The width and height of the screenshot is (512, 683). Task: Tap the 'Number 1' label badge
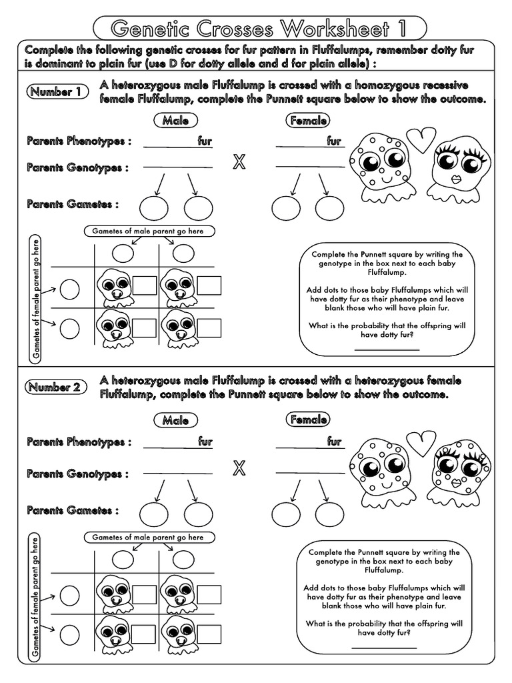[x=57, y=92]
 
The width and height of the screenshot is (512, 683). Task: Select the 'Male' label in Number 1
[x=175, y=121]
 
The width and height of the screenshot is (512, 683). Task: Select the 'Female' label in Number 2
[x=308, y=420]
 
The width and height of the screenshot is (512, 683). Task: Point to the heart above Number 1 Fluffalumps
[x=421, y=139]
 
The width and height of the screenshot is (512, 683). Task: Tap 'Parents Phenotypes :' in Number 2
[x=79, y=442]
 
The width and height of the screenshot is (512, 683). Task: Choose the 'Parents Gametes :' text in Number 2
[x=73, y=510]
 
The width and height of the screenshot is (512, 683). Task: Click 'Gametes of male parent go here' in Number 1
[x=149, y=231]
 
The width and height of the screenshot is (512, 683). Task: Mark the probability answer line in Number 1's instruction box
[x=387, y=349]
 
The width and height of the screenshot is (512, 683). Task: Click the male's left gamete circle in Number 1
[x=154, y=207]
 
